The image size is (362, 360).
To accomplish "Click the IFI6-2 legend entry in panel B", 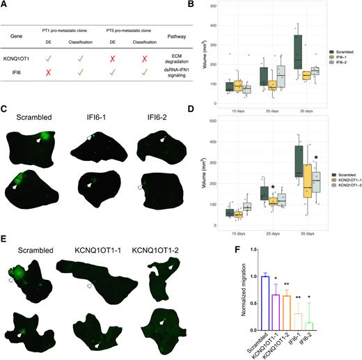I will [x=342, y=68].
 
